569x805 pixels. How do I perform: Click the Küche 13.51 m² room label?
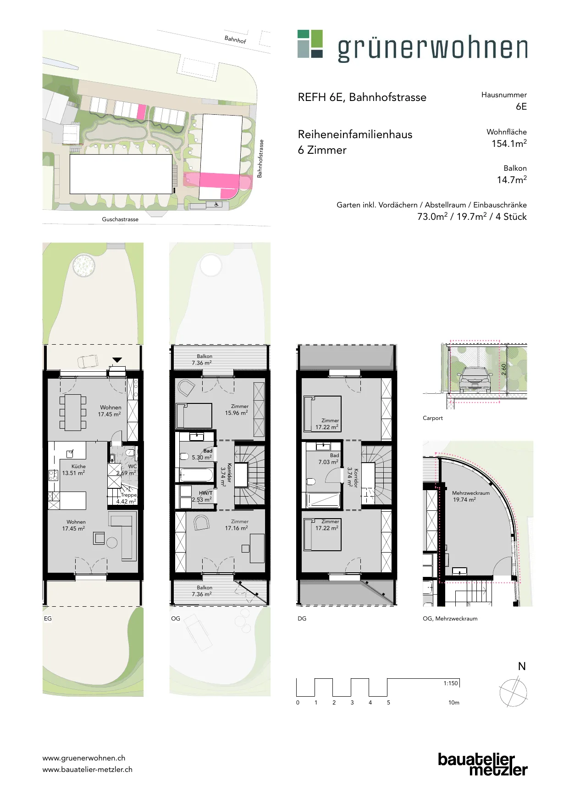74,470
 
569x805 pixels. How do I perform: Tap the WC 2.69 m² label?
127,470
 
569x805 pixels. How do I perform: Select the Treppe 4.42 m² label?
127,498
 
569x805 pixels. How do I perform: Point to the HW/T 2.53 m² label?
202,496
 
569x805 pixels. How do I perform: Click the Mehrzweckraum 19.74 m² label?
471,496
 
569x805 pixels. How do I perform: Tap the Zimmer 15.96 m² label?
237,409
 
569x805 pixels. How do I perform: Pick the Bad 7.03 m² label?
329,458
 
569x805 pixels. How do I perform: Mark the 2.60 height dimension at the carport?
504,369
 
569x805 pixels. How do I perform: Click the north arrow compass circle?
513,693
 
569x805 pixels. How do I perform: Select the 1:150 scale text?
451,683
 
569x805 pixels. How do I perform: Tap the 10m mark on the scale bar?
454,702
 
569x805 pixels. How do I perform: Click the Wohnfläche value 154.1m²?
509,143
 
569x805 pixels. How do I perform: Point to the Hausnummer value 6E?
521,106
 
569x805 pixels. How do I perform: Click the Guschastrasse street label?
120,219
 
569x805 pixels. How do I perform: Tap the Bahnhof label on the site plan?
235,39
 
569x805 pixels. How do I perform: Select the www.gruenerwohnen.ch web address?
84,758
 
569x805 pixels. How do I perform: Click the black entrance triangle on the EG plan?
117,360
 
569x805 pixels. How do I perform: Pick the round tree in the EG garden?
84,265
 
